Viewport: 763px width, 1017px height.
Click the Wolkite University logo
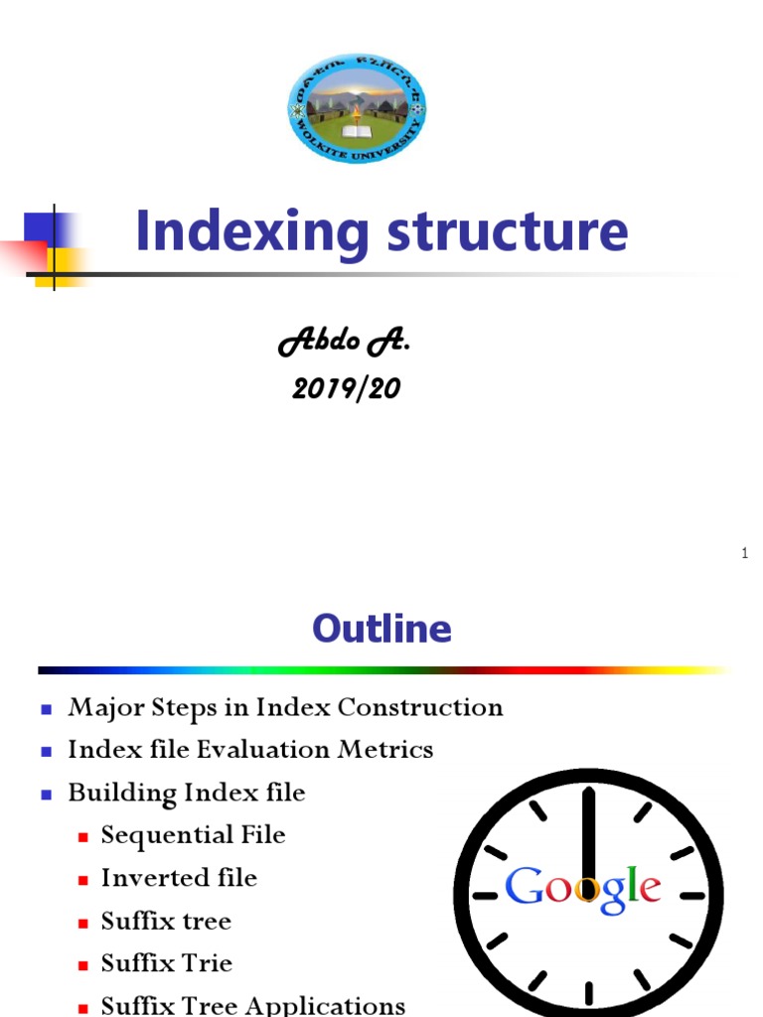click(357, 109)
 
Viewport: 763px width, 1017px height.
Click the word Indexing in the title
click(251, 232)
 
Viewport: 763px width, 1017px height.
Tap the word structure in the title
click(507, 232)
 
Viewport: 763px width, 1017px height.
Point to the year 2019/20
click(346, 388)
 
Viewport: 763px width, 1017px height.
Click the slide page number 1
click(744, 553)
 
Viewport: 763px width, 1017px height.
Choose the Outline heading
click(381, 628)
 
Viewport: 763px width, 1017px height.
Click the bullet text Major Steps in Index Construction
click(285, 707)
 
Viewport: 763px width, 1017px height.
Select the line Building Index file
click(187, 793)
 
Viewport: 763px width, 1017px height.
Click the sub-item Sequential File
click(193, 835)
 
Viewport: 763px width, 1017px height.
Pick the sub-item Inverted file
click(179, 878)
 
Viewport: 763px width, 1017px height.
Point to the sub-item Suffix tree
click(166, 921)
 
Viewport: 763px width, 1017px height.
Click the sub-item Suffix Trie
click(166, 963)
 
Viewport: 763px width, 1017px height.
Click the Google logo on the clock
click(583, 887)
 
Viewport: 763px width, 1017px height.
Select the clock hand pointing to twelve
click(588, 834)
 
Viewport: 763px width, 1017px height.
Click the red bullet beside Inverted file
click(84, 880)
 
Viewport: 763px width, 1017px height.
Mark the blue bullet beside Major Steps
click(46, 709)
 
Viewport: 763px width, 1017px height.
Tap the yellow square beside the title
click(58, 265)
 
